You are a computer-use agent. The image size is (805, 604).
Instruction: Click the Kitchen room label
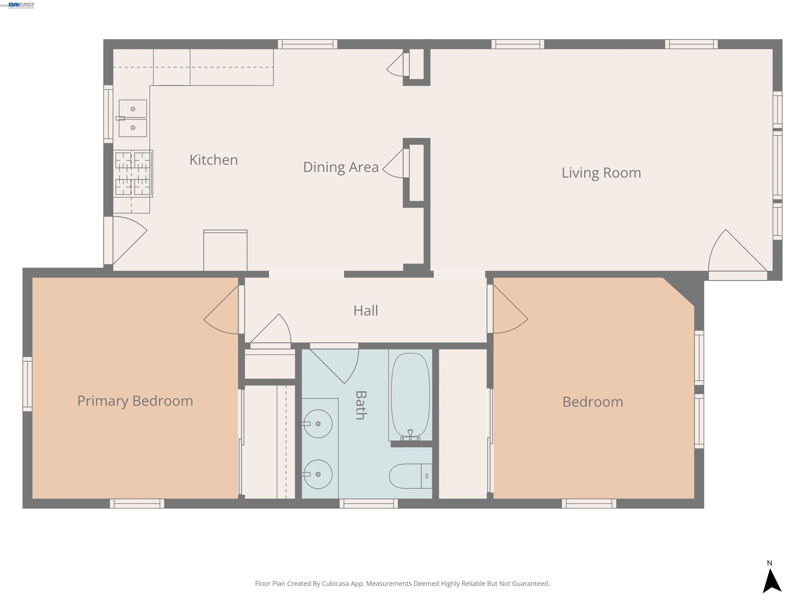coord(214,160)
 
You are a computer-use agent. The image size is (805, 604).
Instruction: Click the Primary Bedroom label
coord(135,401)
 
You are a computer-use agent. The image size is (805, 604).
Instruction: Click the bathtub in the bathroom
coord(410,395)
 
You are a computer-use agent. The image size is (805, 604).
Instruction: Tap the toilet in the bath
coord(409,476)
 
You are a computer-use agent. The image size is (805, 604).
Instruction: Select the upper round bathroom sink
coord(318,424)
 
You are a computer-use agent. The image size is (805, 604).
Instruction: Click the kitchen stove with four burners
coord(133,174)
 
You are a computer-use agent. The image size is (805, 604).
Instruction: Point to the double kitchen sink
coord(133,118)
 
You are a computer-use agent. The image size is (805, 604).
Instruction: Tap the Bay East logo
coord(21,5)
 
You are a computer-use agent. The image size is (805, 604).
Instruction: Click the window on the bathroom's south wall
coord(369,504)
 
